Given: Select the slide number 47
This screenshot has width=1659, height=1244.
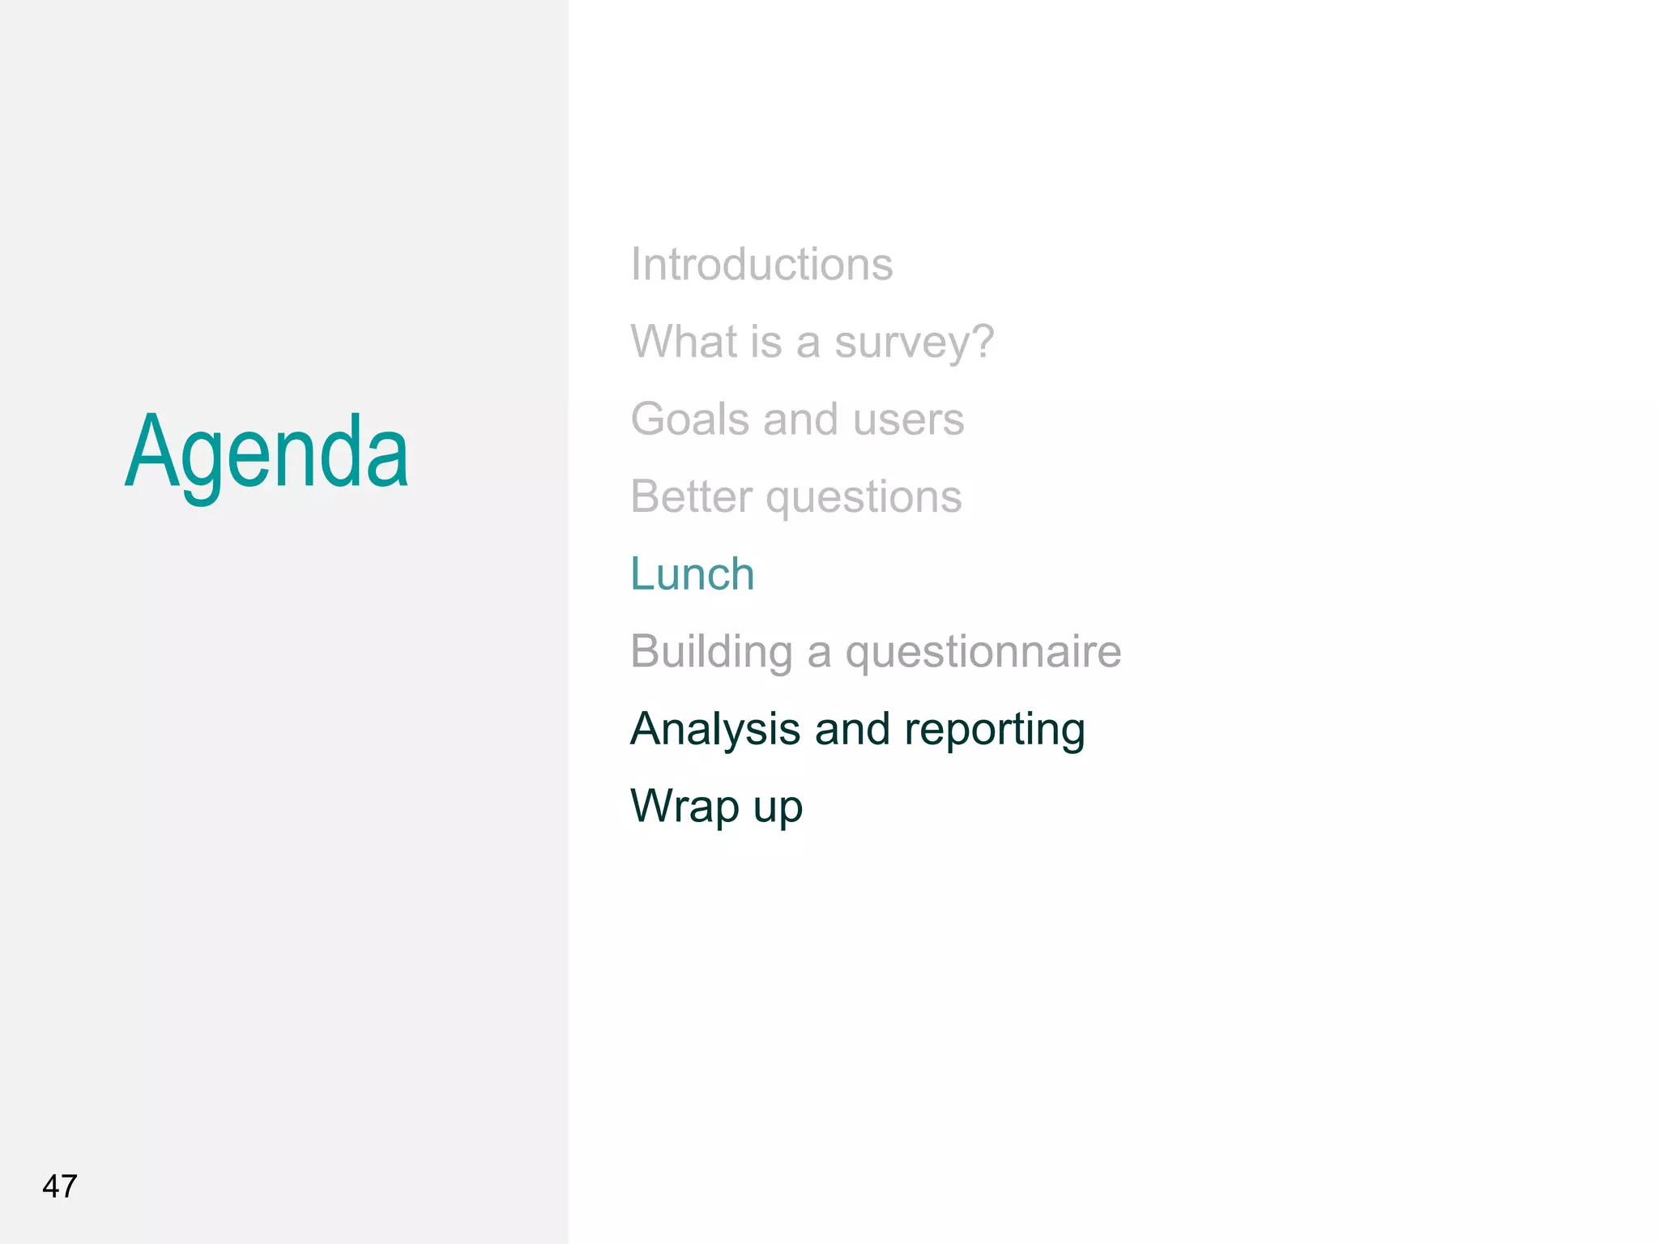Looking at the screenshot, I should pyautogui.click(x=60, y=1186).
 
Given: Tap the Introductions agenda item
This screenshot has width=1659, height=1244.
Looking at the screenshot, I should pyautogui.click(x=761, y=265).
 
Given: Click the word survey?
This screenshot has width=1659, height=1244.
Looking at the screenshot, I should pyautogui.click(x=914, y=343).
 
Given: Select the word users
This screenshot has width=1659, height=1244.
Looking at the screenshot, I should pyautogui.click(x=908, y=420).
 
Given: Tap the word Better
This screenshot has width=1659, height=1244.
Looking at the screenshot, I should pyautogui.click(x=691, y=496).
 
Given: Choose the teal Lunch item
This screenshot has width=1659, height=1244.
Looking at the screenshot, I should pyautogui.click(x=693, y=574).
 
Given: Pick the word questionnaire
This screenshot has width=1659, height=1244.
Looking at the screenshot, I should pyautogui.click(x=983, y=652).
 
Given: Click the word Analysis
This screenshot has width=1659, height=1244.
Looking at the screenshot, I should pyautogui.click(x=715, y=730).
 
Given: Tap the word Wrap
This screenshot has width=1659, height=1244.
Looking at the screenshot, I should pyautogui.click(x=684, y=807).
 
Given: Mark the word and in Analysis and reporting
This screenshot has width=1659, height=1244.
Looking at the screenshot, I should pyautogui.click(x=852, y=729).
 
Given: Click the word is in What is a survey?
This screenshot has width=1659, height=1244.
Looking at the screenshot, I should pyautogui.click(x=766, y=341).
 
